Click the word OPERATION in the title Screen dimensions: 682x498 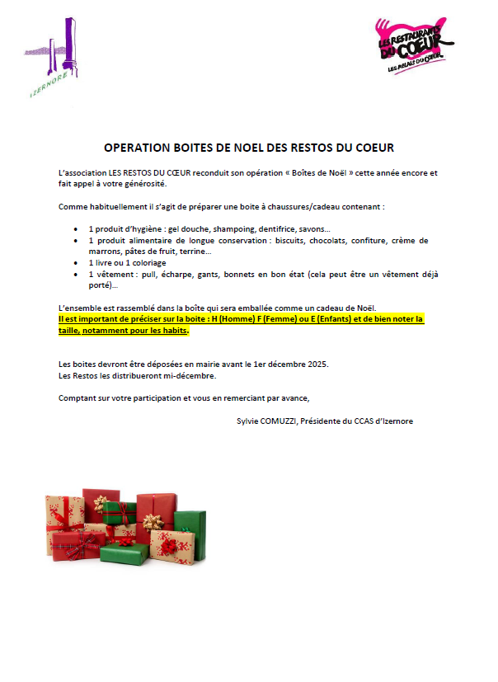click(x=138, y=148)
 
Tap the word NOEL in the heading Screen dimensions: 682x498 click(x=249, y=148)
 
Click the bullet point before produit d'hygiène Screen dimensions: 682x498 click(x=76, y=228)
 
